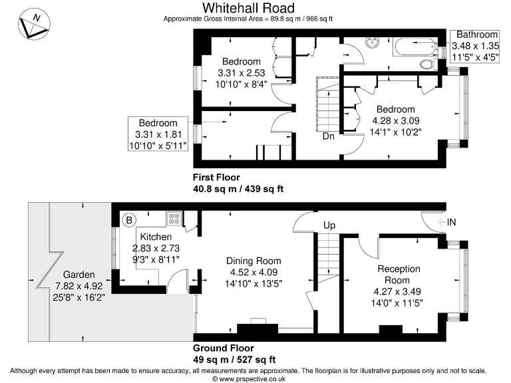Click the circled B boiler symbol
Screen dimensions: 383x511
(129, 219)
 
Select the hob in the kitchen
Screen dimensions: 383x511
(174, 217)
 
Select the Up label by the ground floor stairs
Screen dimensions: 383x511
(329, 225)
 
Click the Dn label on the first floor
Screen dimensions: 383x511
(329, 136)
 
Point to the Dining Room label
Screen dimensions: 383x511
(254, 261)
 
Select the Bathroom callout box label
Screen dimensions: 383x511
(474, 35)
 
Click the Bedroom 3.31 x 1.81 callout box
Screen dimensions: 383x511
(158, 134)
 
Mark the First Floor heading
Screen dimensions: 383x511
(216, 178)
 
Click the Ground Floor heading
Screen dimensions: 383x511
(223, 348)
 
